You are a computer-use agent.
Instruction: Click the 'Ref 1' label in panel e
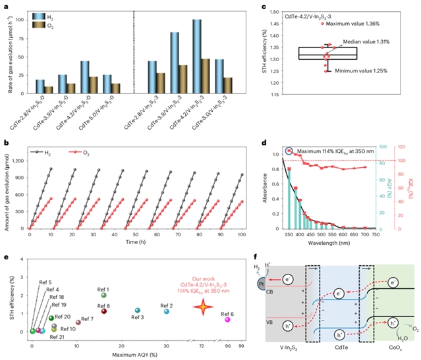pyautogui.click(x=103, y=289)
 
